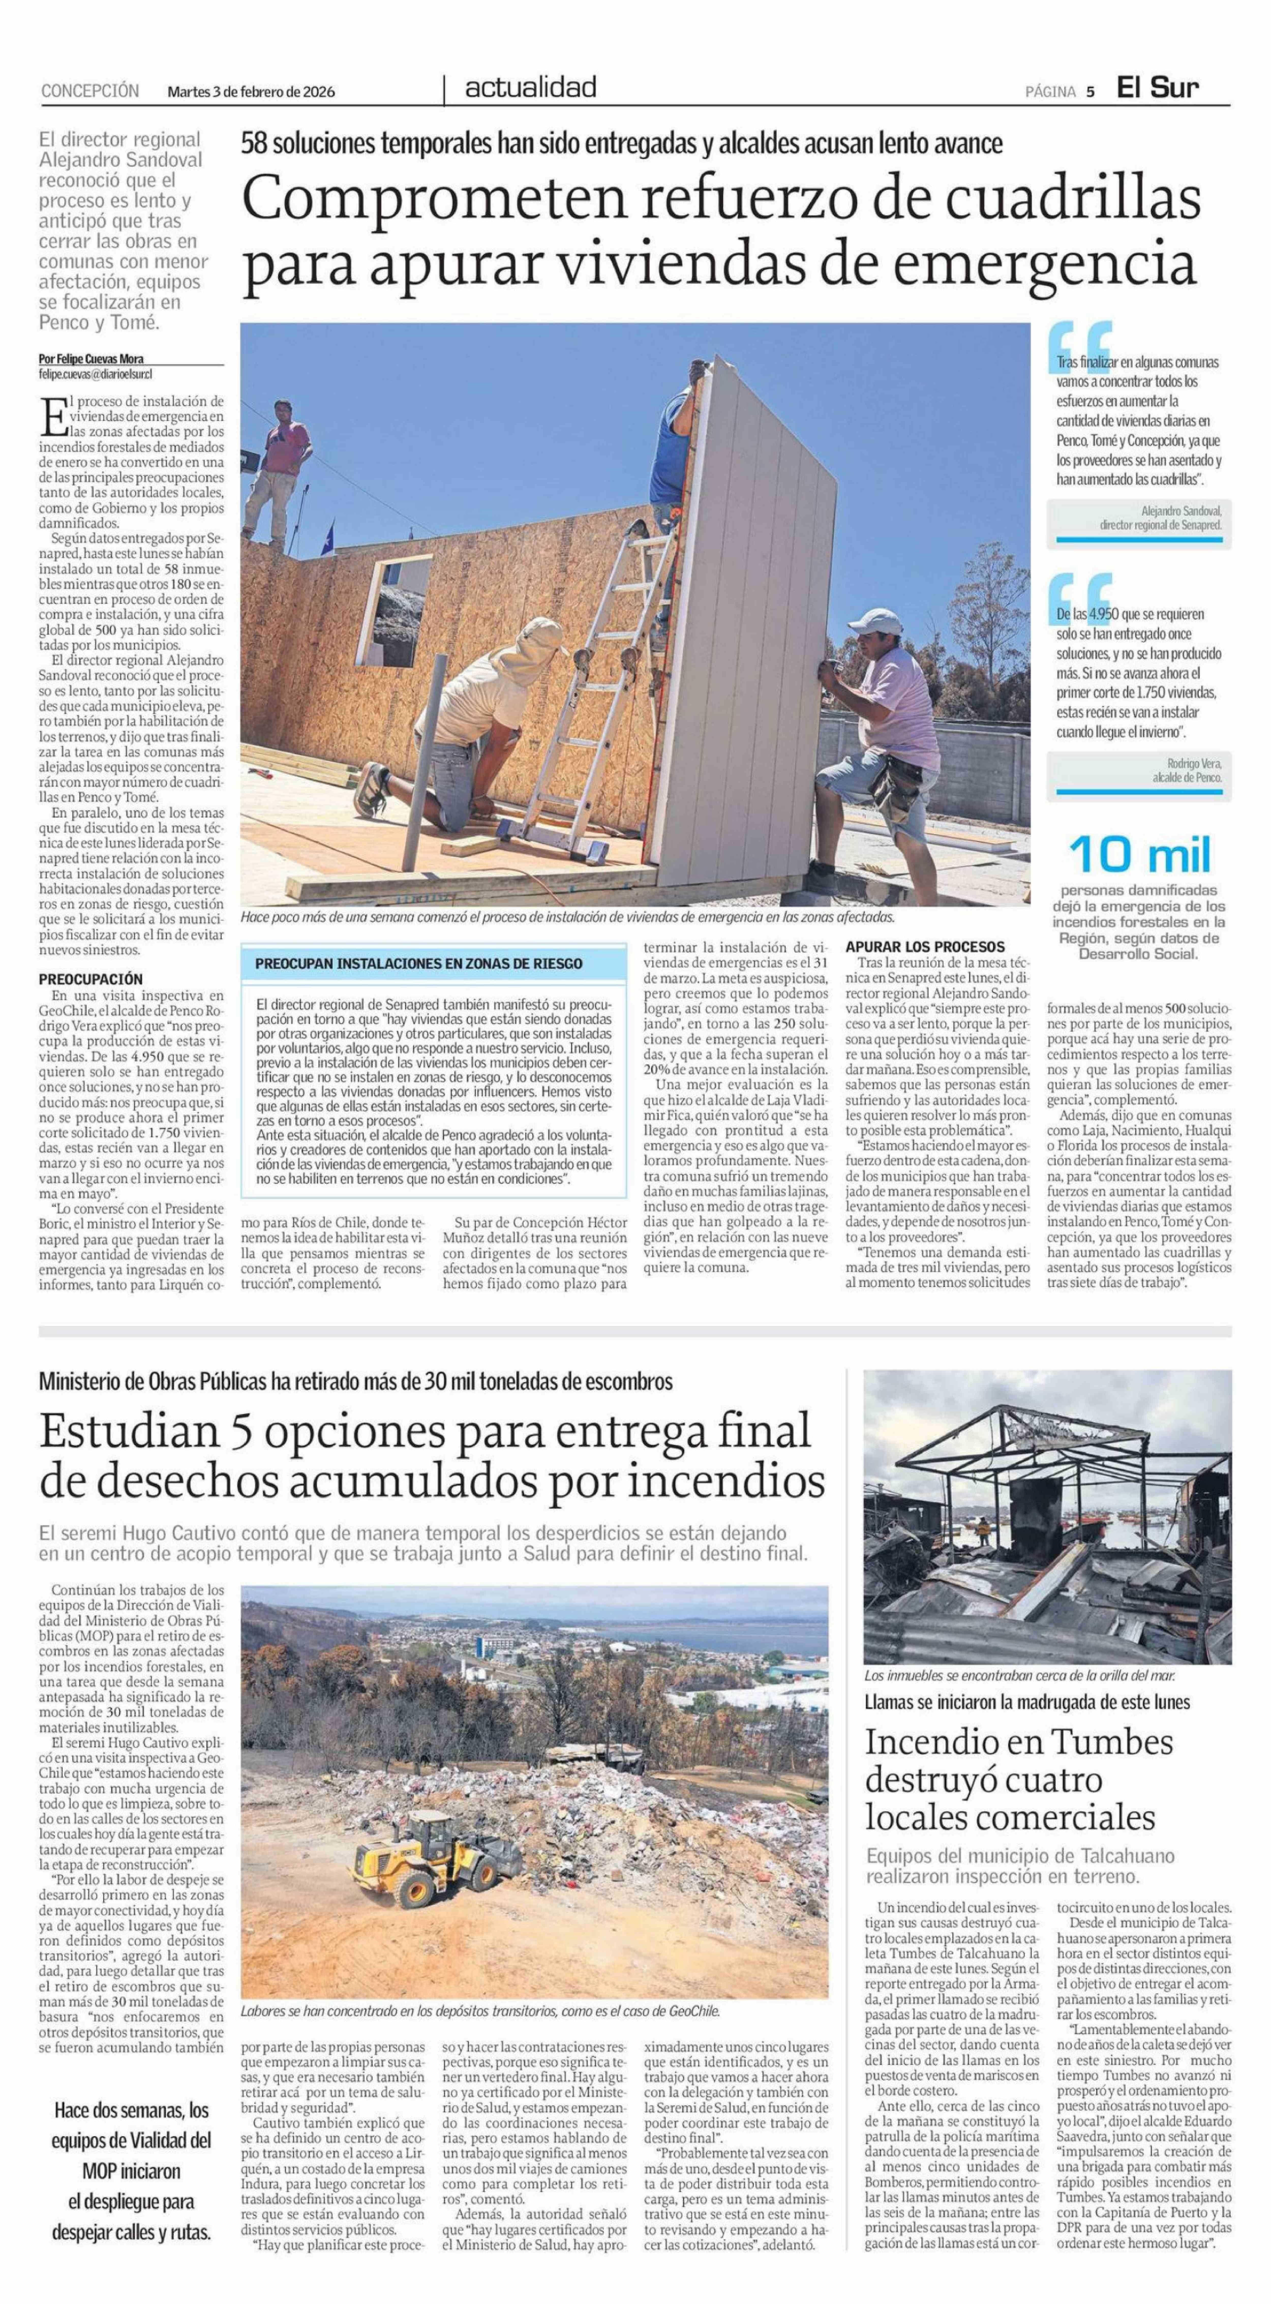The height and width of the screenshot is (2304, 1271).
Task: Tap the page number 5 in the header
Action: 1090,90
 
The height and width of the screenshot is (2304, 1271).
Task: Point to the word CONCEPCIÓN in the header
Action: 90,90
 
